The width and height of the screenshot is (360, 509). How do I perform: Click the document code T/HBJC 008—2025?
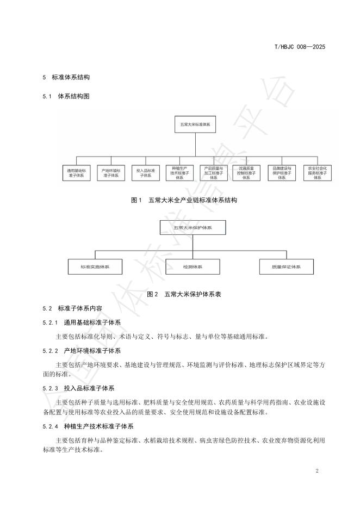pyautogui.click(x=299, y=47)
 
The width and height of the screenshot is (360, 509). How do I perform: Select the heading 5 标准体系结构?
pyautogui.click(x=66, y=77)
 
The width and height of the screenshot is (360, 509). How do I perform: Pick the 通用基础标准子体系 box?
pyautogui.click(x=76, y=173)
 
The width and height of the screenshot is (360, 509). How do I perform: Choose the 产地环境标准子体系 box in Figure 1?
pyautogui.click(x=110, y=173)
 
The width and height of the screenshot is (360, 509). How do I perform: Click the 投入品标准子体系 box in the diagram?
pyautogui.click(x=145, y=173)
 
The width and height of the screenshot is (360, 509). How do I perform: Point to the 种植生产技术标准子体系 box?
pyautogui.click(x=179, y=173)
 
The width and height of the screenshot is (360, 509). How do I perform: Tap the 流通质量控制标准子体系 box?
pyautogui.click(x=247, y=173)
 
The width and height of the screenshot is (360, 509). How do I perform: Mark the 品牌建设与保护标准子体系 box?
pyautogui.click(x=282, y=173)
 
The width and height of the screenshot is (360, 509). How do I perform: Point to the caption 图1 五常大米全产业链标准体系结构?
pyautogui.click(x=184, y=200)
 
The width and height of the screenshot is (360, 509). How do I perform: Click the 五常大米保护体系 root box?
pyautogui.click(x=193, y=227)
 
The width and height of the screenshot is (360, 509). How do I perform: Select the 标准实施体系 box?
pyautogui.click(x=95, y=266)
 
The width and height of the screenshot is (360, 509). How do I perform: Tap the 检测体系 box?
pyautogui.click(x=193, y=266)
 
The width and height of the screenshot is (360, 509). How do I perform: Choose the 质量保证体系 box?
pyautogui.click(x=286, y=266)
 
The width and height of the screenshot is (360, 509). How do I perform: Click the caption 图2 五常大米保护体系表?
pyautogui.click(x=184, y=294)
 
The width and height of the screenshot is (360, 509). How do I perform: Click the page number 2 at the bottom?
pyautogui.click(x=317, y=470)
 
